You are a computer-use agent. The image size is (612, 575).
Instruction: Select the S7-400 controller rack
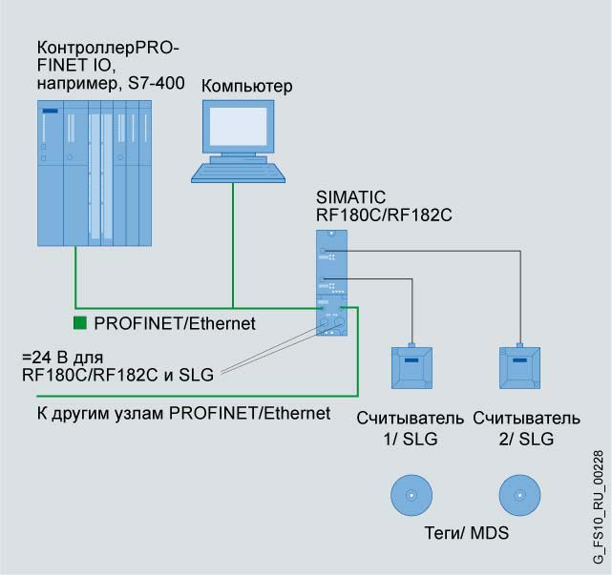[93, 177]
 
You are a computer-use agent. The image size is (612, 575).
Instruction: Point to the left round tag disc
[412, 496]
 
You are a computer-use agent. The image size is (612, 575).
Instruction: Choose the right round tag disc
[520, 496]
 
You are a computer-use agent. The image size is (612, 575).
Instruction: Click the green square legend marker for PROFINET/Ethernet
[80, 324]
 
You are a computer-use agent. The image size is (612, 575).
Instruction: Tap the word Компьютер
[247, 88]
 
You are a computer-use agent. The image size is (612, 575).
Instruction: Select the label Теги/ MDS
[466, 533]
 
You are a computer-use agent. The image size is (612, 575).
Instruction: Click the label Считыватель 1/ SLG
[411, 427]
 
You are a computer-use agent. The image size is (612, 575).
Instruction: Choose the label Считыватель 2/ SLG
[526, 427]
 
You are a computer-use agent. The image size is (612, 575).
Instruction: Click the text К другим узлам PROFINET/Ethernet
[176, 413]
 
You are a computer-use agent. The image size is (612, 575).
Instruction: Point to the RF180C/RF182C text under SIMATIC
[383, 215]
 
